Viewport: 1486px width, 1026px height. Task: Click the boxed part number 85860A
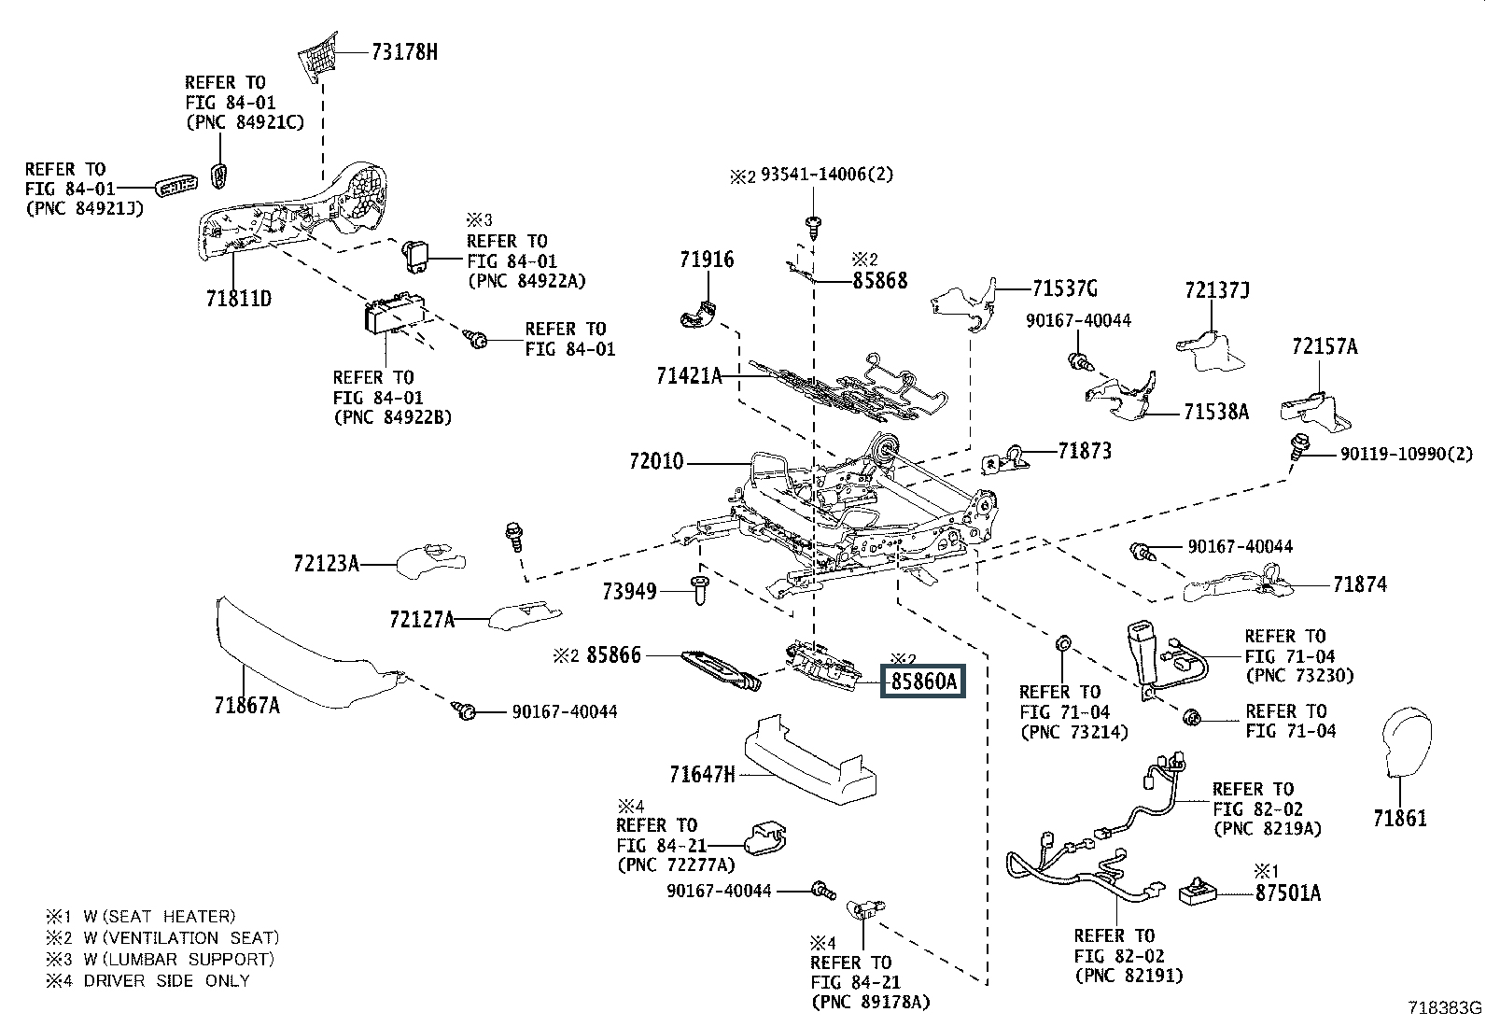pyautogui.click(x=923, y=681)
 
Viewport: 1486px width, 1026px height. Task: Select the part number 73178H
pyautogui.click(x=404, y=51)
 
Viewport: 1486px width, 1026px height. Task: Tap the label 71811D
pyautogui.click(x=239, y=299)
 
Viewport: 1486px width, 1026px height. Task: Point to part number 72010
pyautogui.click(x=656, y=461)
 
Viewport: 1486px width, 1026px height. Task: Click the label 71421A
pyautogui.click(x=689, y=376)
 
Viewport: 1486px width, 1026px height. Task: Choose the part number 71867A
pyautogui.click(x=246, y=705)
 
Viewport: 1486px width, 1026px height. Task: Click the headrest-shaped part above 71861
pyautogui.click(x=1407, y=741)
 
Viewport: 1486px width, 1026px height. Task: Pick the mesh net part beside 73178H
pyautogui.click(x=317, y=57)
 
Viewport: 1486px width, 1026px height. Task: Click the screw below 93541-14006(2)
pyautogui.click(x=812, y=227)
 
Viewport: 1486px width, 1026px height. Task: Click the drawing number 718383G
pyautogui.click(x=1445, y=1007)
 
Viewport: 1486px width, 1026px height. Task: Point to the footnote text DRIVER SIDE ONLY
pyautogui.click(x=166, y=980)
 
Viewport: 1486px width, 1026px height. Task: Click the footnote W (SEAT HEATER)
pyautogui.click(x=160, y=917)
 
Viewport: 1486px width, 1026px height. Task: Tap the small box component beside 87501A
pyautogui.click(x=1199, y=891)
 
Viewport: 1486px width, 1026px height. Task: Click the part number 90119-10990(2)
pyautogui.click(x=1407, y=454)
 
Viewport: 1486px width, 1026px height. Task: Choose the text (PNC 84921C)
pyautogui.click(x=245, y=123)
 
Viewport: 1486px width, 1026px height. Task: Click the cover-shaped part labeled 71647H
pyautogui.click(x=810, y=760)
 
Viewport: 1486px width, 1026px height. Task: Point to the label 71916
pyautogui.click(x=707, y=260)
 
